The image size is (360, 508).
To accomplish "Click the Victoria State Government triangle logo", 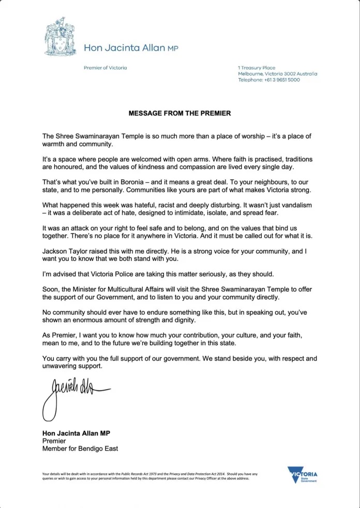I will (x=303, y=474).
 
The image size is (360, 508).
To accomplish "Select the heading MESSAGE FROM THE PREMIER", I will (x=179, y=113).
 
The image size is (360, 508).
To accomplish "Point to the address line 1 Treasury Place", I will (x=257, y=68).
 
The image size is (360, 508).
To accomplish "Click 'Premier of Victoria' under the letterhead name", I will (x=105, y=68).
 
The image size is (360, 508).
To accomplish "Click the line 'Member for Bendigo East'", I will (x=80, y=449).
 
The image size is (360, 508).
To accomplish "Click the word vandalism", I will (x=295, y=205).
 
